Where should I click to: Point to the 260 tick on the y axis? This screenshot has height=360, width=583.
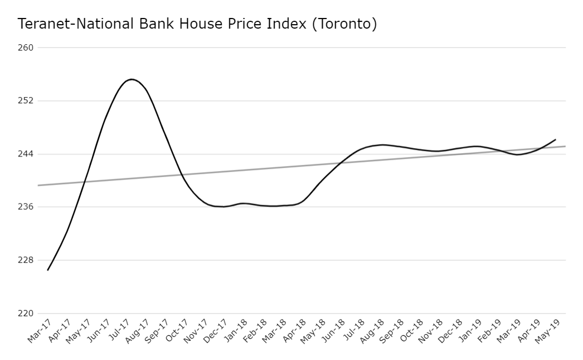(27, 48)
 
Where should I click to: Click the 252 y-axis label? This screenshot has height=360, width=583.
(27, 101)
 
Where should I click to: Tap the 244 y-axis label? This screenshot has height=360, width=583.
(27, 154)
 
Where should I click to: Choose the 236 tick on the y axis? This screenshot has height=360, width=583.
(27, 207)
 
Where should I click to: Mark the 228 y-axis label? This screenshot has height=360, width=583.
(27, 260)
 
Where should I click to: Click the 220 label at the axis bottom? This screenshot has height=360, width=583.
(27, 313)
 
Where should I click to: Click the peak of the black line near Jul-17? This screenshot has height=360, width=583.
(131, 79)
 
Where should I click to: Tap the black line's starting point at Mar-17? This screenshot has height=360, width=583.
(48, 270)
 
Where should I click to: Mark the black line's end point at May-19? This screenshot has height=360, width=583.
(556, 139)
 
